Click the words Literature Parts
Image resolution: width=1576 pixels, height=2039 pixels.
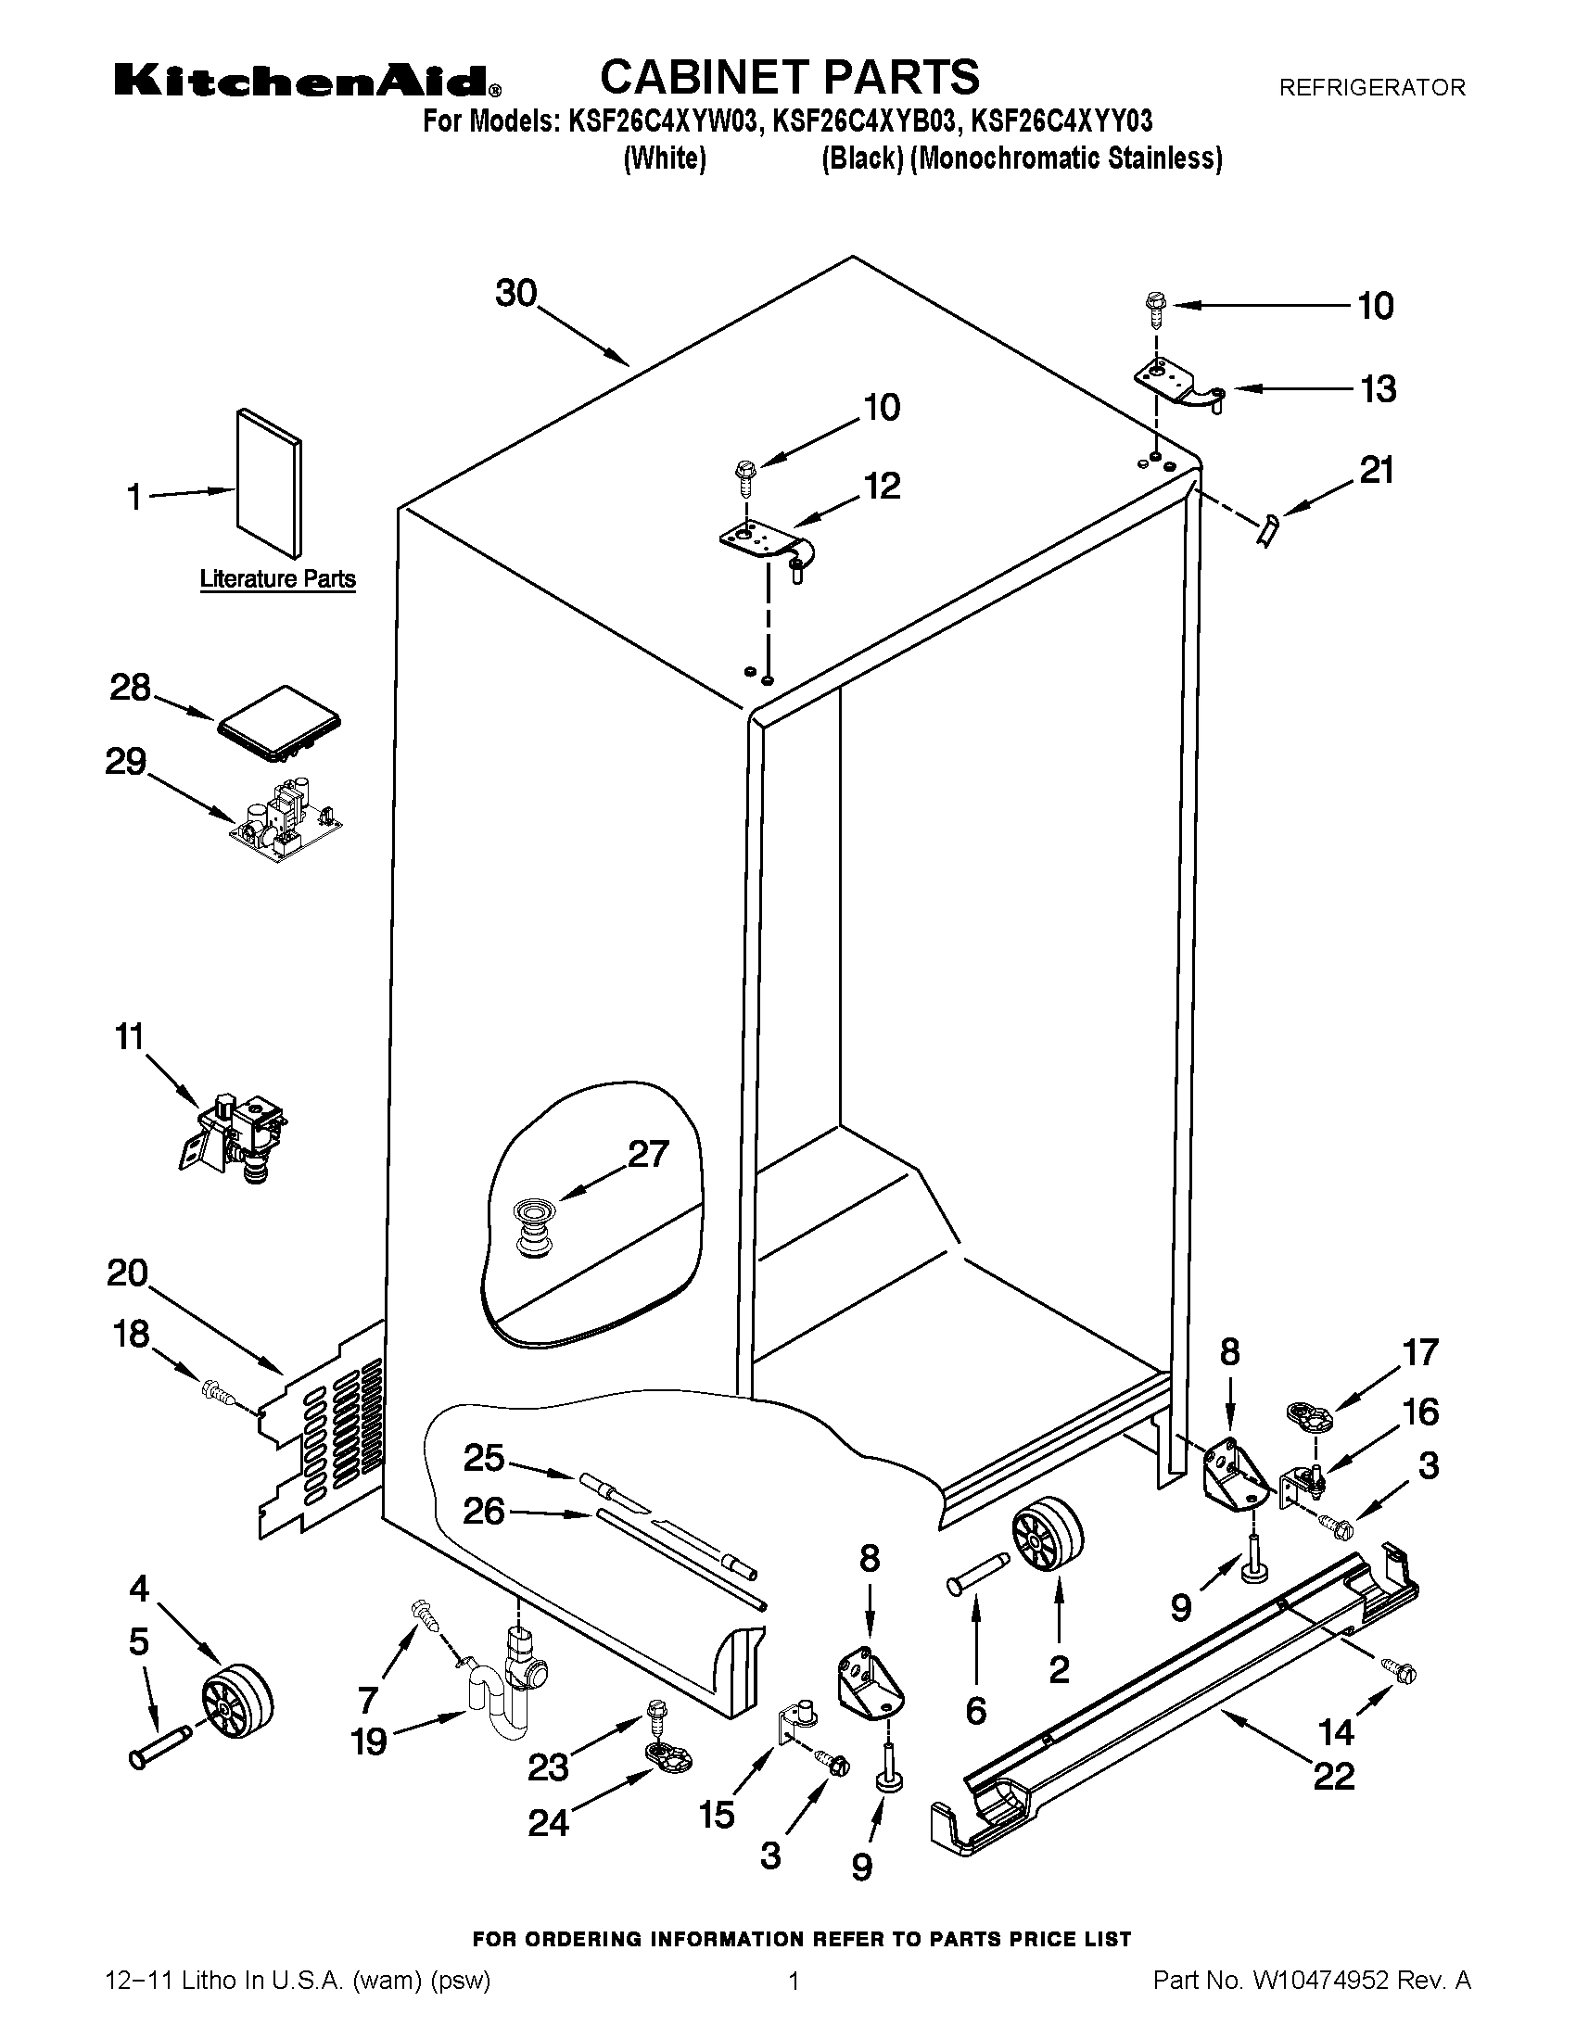click(x=277, y=579)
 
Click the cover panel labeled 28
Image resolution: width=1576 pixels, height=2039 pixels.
click(x=278, y=723)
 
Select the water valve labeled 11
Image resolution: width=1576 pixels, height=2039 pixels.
click(x=236, y=1137)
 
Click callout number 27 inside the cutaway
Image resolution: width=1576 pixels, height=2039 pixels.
click(x=648, y=1154)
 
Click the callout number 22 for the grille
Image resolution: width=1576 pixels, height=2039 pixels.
click(x=1333, y=1776)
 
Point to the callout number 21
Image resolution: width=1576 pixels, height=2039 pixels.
click(x=1375, y=470)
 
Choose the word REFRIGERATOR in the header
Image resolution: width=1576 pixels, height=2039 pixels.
click(x=1371, y=88)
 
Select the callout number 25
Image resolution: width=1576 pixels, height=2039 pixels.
click(x=484, y=1457)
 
